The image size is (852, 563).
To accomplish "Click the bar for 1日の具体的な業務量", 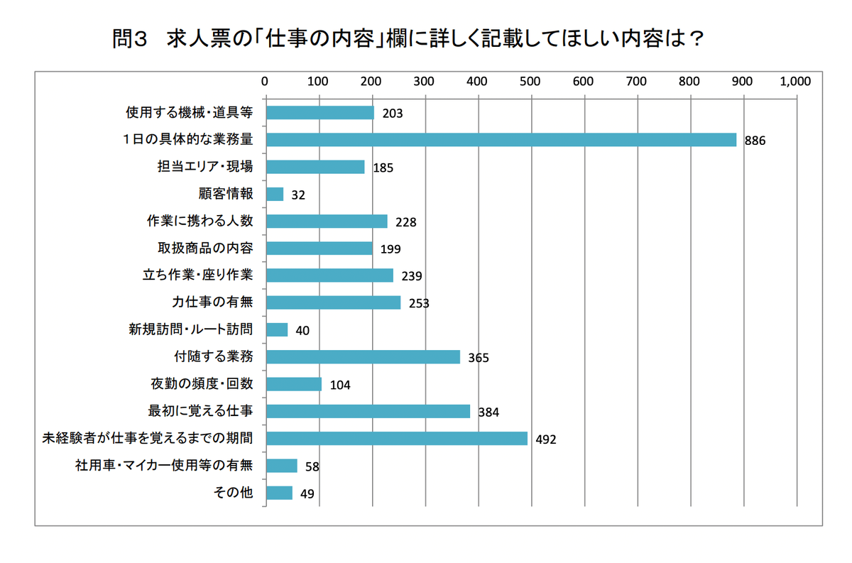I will coord(501,140).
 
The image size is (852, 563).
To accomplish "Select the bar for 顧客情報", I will coord(274,194).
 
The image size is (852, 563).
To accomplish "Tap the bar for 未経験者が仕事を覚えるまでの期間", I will coord(396,438).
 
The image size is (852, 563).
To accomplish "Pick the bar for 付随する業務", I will coord(362,356).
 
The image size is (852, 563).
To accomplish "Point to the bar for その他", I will coord(278,493).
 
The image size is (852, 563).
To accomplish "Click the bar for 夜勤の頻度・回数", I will coord(293,384).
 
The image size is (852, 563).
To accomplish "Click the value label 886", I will coord(755,141).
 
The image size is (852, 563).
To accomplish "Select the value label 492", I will coord(546,439).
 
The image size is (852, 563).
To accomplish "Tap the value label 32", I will coord(298,195).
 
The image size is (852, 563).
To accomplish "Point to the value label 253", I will coord(419,303).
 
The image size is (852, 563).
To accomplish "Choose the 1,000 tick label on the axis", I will coord(795,81).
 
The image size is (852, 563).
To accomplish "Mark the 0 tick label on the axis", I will coord(265,81).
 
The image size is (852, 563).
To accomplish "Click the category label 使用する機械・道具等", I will coord(189,112).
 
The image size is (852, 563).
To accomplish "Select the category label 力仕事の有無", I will coord(212,302).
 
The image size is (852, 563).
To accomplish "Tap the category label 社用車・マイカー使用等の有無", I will coord(164,466).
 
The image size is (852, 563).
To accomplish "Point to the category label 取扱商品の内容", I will coord(205,248).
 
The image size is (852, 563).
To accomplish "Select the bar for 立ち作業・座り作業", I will coord(329,275).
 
